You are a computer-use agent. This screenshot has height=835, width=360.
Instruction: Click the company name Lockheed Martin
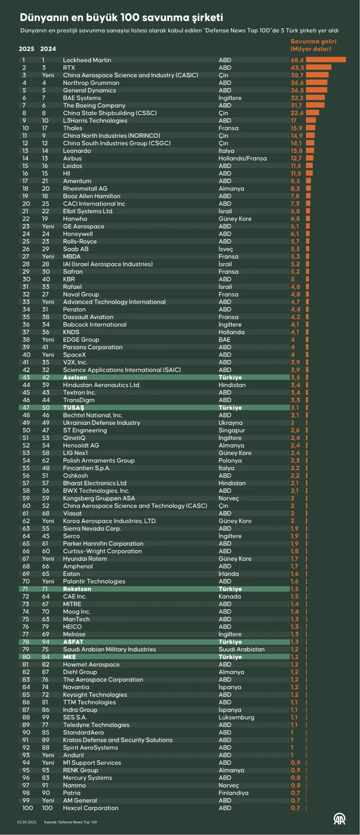(87, 60)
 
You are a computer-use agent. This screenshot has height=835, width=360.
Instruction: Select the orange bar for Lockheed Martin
(326, 60)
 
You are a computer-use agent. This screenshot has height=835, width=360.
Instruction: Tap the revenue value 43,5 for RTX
(297, 67)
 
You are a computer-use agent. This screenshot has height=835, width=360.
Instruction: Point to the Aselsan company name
(75, 377)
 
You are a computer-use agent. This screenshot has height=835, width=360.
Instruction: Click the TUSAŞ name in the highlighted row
(74, 408)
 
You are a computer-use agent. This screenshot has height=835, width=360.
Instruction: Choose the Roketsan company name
(77, 589)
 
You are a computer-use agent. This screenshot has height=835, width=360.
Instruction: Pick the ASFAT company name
(73, 642)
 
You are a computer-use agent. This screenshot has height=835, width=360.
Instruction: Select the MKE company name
(70, 657)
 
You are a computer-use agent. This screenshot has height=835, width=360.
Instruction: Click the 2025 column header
(27, 49)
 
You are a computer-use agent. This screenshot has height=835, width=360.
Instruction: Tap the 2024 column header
(48, 49)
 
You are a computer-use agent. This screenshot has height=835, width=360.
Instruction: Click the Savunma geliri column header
(313, 45)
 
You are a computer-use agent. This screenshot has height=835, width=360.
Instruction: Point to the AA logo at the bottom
(339, 819)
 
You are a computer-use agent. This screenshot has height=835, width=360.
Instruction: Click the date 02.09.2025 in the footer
(27, 822)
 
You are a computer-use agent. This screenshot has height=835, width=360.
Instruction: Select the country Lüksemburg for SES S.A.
(236, 718)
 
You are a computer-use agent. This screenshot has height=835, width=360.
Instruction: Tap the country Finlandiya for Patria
(233, 793)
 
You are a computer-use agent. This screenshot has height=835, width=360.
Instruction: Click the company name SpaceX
(74, 355)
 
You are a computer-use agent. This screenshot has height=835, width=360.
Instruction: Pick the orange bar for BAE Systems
(315, 98)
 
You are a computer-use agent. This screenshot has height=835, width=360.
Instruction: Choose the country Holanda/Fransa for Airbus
(242, 158)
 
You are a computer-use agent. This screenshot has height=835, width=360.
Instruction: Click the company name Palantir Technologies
(94, 581)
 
